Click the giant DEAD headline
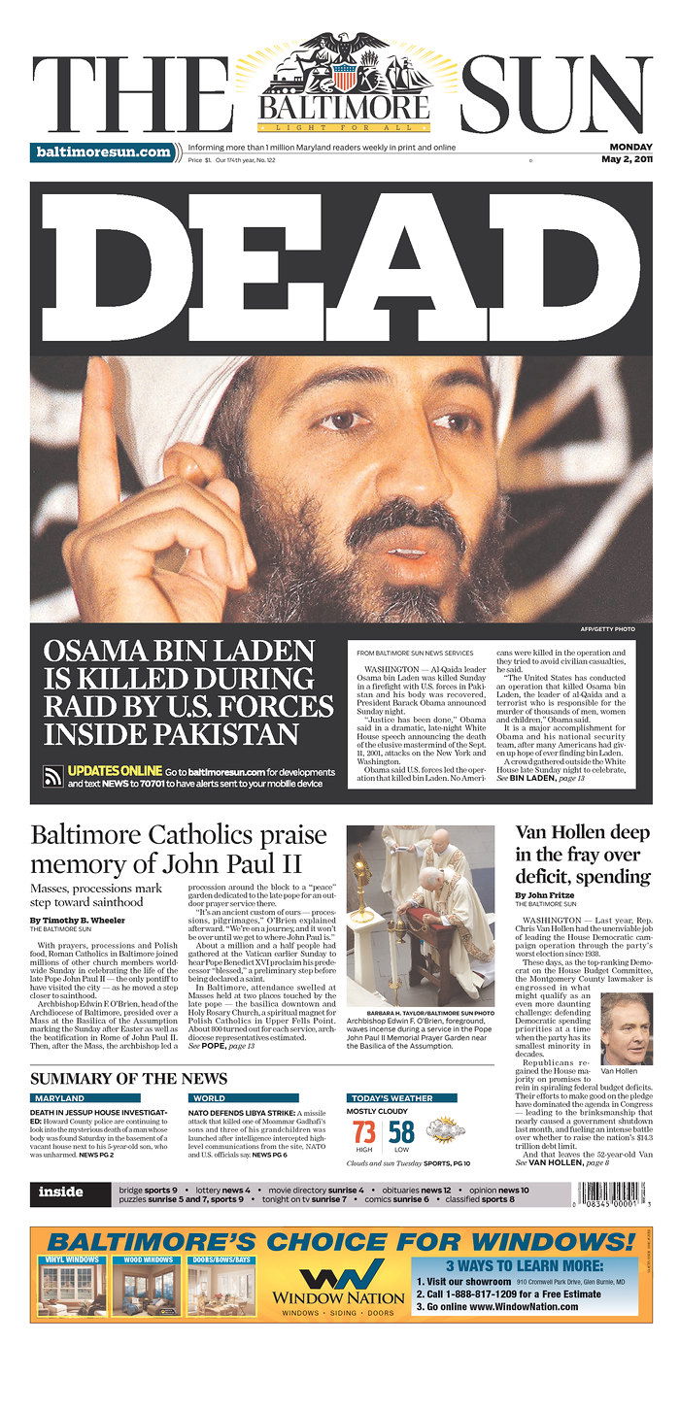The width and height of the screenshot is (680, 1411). pos(340,267)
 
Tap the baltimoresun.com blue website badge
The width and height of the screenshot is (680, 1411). pos(102,152)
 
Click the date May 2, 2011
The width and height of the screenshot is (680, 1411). pos(626,159)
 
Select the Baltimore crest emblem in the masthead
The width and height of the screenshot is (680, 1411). pos(345,73)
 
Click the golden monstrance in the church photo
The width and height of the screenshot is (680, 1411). pos(362,884)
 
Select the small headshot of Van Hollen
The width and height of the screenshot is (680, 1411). pos(626,1028)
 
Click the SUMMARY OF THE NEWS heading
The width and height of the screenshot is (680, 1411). pos(129,1079)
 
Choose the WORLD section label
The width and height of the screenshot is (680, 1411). pos(210,1098)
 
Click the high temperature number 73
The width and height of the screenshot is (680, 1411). pos(364,1131)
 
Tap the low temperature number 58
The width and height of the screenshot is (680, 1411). pos(402,1131)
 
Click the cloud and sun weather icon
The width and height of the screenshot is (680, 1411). pos(446,1130)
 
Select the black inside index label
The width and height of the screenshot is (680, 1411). pos(61,1193)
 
